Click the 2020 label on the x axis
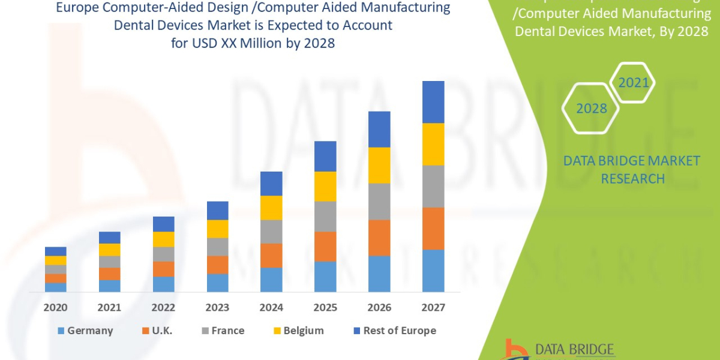(x=55, y=308)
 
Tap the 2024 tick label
(x=271, y=308)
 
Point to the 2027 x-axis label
(x=433, y=308)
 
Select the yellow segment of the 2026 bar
(x=379, y=165)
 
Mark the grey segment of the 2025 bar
(x=325, y=216)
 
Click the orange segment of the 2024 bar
(x=271, y=255)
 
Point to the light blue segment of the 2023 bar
(x=217, y=283)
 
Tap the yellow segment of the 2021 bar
(x=109, y=250)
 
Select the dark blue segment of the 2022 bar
(x=163, y=224)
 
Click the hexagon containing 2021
(x=634, y=83)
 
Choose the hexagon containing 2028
(x=592, y=109)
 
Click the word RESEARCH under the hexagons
(x=632, y=179)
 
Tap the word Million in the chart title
(x=267, y=43)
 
